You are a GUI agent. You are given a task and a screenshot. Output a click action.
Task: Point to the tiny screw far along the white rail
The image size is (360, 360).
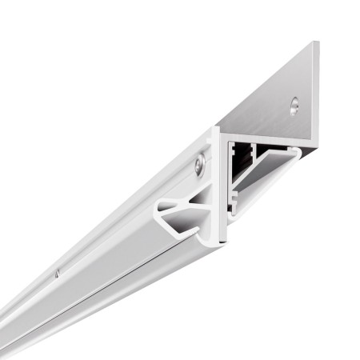pyautogui.click(x=58, y=274)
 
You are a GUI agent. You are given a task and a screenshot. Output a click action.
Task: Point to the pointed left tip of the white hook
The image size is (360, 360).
pyautogui.click(x=158, y=210)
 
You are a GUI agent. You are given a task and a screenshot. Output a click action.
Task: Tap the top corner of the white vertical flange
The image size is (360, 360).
pyautogui.click(x=215, y=128)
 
